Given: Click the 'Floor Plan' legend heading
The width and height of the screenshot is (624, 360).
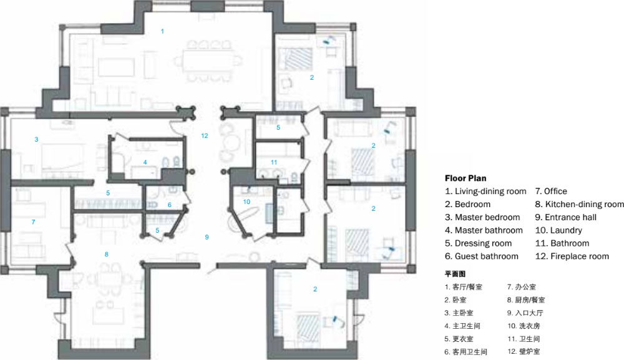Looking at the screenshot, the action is tap(466, 178).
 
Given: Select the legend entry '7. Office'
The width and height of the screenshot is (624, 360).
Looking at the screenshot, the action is tap(551, 192).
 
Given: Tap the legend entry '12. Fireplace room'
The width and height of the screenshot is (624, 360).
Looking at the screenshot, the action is tap(572, 256).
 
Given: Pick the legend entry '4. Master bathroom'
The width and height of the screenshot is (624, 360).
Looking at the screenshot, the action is tap(484, 230).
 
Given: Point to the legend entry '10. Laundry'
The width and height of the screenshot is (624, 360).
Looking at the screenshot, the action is tap(558, 230).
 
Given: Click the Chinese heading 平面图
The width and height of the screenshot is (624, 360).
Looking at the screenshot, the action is tap(455, 274).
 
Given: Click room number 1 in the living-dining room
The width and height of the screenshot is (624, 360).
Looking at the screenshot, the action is tap(162, 31).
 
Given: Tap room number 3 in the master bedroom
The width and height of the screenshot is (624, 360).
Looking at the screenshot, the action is tap(36, 139).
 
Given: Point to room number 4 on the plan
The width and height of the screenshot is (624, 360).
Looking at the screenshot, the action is tap(145, 162).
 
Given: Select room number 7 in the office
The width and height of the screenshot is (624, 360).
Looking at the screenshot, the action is tap(34, 222).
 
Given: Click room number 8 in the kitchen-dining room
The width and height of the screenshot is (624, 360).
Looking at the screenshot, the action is tap(106, 254).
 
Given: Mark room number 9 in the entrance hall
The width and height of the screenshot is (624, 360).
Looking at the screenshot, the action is tap(207, 237).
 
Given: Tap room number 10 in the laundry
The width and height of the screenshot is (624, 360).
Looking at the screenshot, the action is tap(246, 202).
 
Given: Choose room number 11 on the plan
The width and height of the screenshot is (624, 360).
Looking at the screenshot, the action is tap(274, 162).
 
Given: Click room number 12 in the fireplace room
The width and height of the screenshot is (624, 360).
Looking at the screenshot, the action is tap(205, 135).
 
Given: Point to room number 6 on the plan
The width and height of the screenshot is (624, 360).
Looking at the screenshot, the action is tap(170, 205).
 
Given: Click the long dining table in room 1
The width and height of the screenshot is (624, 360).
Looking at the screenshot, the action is tap(207, 61).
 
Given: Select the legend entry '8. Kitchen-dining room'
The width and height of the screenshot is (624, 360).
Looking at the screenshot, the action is tap(580, 204).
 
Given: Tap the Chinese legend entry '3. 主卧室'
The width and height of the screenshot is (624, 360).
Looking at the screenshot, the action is tap(459, 313).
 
